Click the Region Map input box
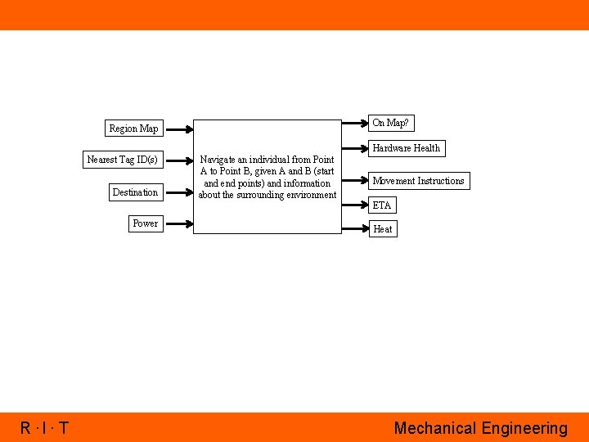(133, 129)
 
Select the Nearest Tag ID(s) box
(122, 160)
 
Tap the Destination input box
(135, 192)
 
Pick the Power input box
(145, 223)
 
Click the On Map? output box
(390, 123)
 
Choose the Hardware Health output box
(406, 148)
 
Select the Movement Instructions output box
(418, 181)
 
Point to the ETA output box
(381, 205)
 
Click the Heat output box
(382, 229)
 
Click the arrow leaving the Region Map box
(178, 129)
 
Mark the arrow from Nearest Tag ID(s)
(178, 160)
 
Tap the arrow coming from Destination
(178, 192)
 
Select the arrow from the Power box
(178, 223)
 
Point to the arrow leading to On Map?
(354, 123)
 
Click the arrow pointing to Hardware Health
(354, 148)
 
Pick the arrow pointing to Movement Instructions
(354, 181)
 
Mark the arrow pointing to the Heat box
(354, 229)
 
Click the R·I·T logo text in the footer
(45, 428)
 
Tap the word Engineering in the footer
(524, 428)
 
